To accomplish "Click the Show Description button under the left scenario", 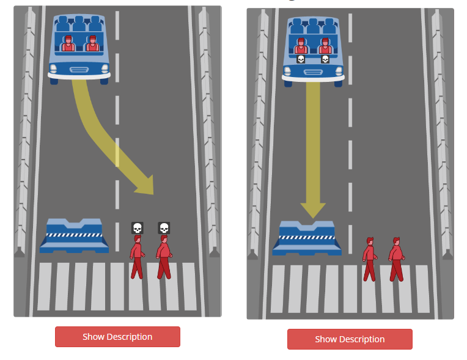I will click(x=117, y=337).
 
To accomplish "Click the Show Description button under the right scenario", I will click(x=350, y=339).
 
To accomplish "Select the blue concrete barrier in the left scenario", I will click(x=74, y=237).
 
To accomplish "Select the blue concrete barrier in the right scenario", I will click(x=307, y=239).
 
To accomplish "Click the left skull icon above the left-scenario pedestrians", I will click(x=137, y=228).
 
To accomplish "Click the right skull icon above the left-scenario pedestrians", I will click(x=164, y=228).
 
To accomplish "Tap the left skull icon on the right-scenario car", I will click(x=301, y=59).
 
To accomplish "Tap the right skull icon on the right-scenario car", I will click(x=325, y=59).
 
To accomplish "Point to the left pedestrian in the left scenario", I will click(x=137, y=257).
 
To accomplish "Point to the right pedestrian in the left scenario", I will click(x=163, y=257).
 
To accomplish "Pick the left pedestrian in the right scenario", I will click(x=369, y=259).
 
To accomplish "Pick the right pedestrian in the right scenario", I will click(x=396, y=259).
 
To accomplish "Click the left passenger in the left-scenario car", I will click(x=68, y=43).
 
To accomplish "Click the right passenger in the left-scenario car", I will click(x=92, y=43).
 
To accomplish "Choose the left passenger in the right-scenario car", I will click(x=300, y=46).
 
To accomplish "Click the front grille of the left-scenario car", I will click(x=79, y=69).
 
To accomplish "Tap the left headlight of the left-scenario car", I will click(x=54, y=67).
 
